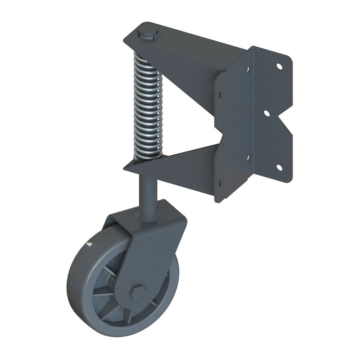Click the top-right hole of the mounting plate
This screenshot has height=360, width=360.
pos(279,66)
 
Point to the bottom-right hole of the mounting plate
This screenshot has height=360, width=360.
pos(279,167)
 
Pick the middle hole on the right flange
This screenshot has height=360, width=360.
pos(266,113)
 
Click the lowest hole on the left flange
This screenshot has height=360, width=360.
pos(220,183)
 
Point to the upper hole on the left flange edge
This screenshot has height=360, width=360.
pos(220,95)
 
